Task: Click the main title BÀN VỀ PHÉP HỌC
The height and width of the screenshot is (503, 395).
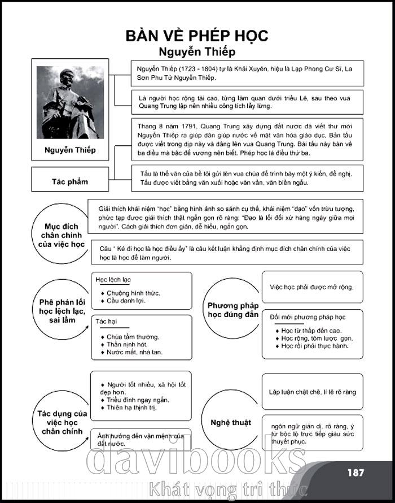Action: pyautogui.click(x=197, y=36)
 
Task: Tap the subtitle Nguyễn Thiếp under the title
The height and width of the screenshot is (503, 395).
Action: pyautogui.click(x=197, y=52)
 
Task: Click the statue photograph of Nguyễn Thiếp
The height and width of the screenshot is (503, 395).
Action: pyautogui.click(x=70, y=102)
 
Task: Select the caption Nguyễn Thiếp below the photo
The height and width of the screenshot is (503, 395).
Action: pyautogui.click(x=70, y=150)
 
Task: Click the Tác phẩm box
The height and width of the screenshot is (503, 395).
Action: pyautogui.click(x=70, y=181)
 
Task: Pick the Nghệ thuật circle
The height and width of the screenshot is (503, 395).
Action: pyautogui.click(x=231, y=422)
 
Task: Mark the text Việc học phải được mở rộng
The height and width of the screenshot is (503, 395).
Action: pyautogui.click(x=311, y=287)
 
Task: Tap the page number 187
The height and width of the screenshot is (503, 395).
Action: pyautogui.click(x=355, y=472)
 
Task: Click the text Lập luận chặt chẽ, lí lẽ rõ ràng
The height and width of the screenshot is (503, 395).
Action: pyautogui.click(x=312, y=392)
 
